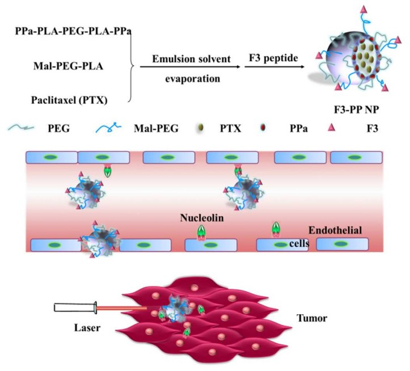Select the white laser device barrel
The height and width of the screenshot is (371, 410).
[x=73, y=309]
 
